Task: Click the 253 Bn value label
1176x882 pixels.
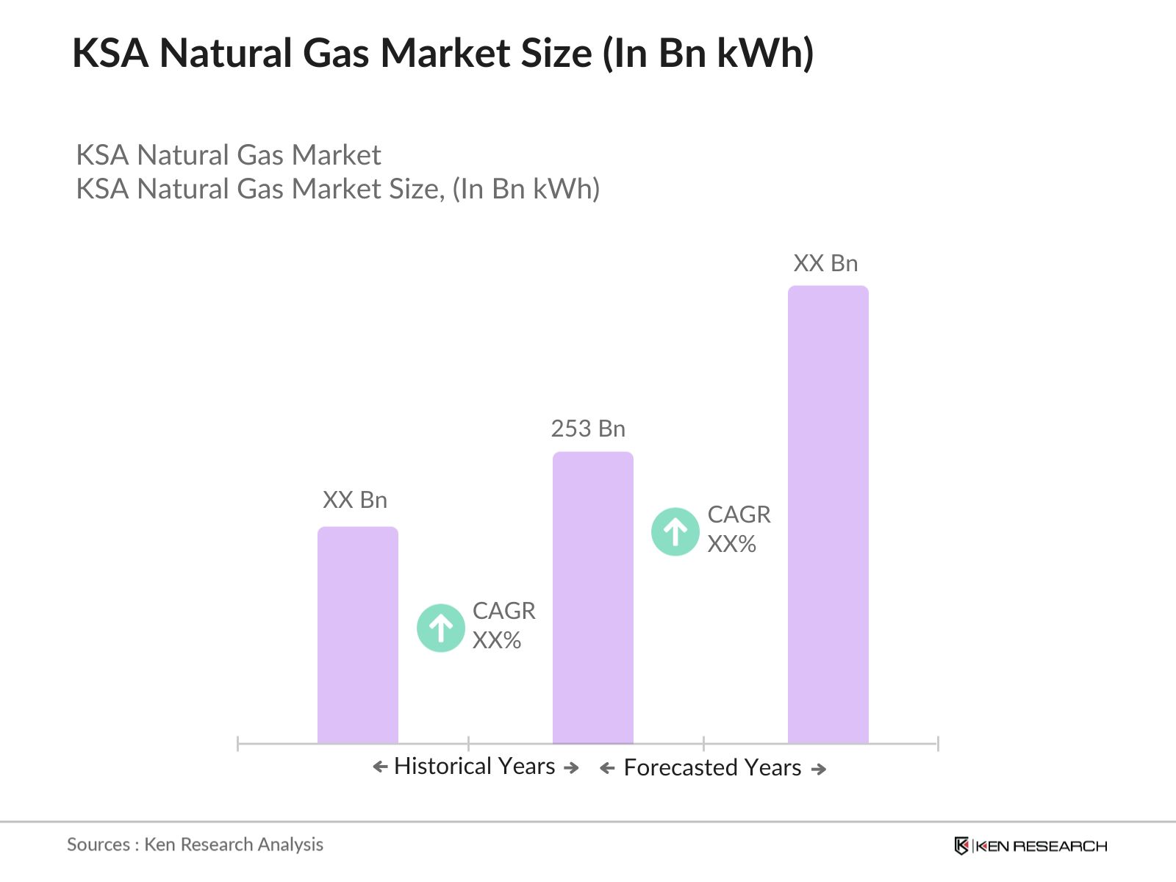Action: [x=588, y=429]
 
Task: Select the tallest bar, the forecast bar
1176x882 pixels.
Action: [x=828, y=514]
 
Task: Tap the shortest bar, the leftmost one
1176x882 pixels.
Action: [x=357, y=635]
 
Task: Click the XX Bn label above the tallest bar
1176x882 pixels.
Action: [x=825, y=263]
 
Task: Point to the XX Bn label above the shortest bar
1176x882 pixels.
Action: [x=355, y=500]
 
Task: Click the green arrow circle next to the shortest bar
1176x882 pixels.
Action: [x=440, y=628]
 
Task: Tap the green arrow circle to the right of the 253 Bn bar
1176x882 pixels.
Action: [x=675, y=531]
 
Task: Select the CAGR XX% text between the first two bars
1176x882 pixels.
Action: [x=503, y=625]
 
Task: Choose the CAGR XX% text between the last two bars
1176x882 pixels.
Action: [x=739, y=529]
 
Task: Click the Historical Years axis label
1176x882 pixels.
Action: [x=474, y=767]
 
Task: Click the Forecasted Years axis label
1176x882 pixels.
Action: [x=712, y=768]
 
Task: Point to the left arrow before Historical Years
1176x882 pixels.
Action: [x=380, y=767]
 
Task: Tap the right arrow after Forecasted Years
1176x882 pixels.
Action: [x=819, y=769]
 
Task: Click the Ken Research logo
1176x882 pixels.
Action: [x=1030, y=846]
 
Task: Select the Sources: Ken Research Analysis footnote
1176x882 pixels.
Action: [x=195, y=845]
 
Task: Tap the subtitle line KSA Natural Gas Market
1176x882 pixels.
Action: [x=229, y=155]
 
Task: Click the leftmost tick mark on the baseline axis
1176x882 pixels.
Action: [x=238, y=744]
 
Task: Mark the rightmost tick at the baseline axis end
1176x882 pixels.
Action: [x=938, y=744]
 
